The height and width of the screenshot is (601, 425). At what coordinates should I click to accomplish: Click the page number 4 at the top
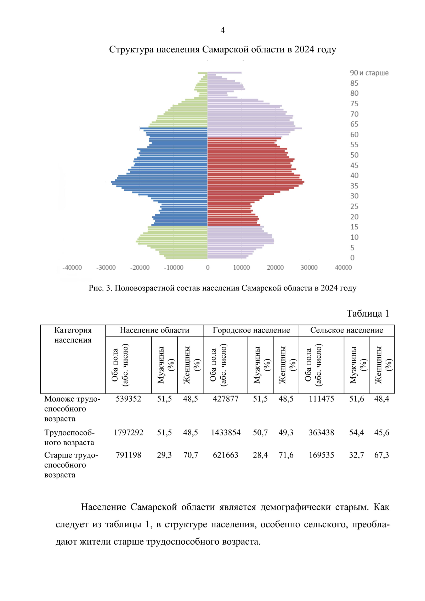222,30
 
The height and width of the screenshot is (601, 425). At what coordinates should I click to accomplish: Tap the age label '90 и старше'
369,73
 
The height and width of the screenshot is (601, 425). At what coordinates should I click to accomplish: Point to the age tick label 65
354,124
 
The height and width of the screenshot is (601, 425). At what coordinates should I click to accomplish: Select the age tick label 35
354,186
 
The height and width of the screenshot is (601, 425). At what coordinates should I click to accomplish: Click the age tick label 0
352,258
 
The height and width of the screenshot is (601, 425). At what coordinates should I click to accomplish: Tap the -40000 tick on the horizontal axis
72,268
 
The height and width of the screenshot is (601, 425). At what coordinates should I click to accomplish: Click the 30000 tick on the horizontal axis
309,268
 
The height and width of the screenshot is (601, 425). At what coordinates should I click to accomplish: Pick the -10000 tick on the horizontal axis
174,268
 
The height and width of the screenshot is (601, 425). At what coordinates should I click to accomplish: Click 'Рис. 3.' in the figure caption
101,288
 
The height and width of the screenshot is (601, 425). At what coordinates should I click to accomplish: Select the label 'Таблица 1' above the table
368,313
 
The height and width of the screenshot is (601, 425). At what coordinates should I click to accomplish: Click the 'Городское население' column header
251,330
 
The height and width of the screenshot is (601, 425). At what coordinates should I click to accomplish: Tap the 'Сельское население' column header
346,330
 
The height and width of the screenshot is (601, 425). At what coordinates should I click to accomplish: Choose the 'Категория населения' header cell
73,335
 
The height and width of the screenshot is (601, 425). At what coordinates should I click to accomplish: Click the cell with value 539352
128,399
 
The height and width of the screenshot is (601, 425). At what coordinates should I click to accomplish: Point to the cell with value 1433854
226,432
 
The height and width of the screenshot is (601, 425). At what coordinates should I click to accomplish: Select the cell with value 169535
321,455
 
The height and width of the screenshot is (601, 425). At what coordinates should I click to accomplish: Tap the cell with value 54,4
356,432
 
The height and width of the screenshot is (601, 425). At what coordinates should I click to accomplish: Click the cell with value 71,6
286,455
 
